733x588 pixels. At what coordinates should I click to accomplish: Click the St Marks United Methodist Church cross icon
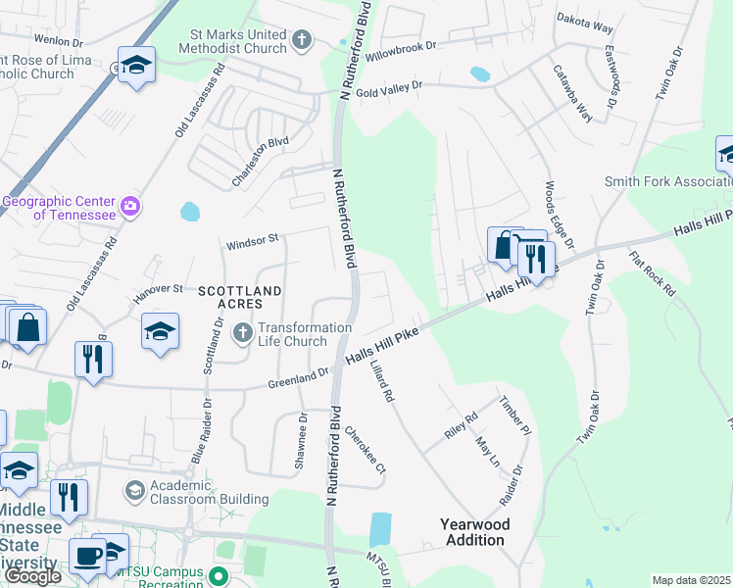pos(302,40)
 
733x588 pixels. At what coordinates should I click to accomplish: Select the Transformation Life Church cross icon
pos(243,335)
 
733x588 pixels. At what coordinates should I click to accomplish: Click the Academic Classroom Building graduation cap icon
pos(133,489)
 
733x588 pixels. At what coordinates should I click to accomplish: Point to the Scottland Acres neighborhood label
pos(240,298)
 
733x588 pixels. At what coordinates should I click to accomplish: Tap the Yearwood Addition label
pos(477,532)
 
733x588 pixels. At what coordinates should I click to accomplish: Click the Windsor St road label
pos(253,238)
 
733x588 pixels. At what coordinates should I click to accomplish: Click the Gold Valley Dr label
pos(388,88)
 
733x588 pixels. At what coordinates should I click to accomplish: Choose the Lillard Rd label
pos(382,382)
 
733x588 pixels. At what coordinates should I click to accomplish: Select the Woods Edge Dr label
pos(559,213)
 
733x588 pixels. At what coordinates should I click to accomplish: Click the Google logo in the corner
pos(31,576)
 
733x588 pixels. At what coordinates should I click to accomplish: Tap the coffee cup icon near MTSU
pos(88,556)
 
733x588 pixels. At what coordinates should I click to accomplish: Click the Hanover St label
pos(158,290)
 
